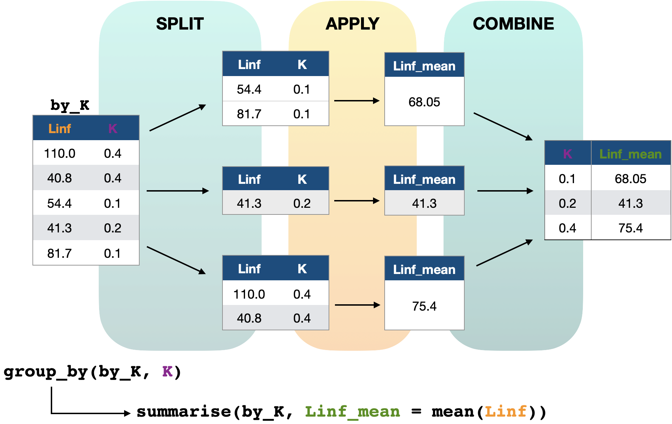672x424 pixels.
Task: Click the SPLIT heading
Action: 180,24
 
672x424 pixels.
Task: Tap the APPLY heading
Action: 352,24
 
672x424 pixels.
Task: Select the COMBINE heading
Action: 513,24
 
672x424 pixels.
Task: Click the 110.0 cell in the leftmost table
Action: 60,154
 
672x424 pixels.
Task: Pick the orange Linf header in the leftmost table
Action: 60,129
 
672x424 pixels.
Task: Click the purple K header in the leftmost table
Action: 112,129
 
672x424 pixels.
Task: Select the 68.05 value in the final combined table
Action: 630,179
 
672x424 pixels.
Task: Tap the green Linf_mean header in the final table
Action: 630,154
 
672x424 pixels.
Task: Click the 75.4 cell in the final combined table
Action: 630,228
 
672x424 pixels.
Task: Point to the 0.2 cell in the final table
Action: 567,204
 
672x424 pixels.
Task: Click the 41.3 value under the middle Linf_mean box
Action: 424,204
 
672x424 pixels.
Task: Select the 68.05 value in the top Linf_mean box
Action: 424,102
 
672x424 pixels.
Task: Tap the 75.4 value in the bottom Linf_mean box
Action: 424,306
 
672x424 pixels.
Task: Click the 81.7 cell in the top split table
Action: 249,114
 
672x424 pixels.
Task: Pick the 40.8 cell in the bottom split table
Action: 249,318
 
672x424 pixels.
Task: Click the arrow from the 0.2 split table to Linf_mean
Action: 356,201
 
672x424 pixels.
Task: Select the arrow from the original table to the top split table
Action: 177,118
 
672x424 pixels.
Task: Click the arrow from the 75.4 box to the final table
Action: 504,253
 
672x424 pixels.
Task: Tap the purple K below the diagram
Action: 167,371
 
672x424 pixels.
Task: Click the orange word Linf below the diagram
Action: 505,411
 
